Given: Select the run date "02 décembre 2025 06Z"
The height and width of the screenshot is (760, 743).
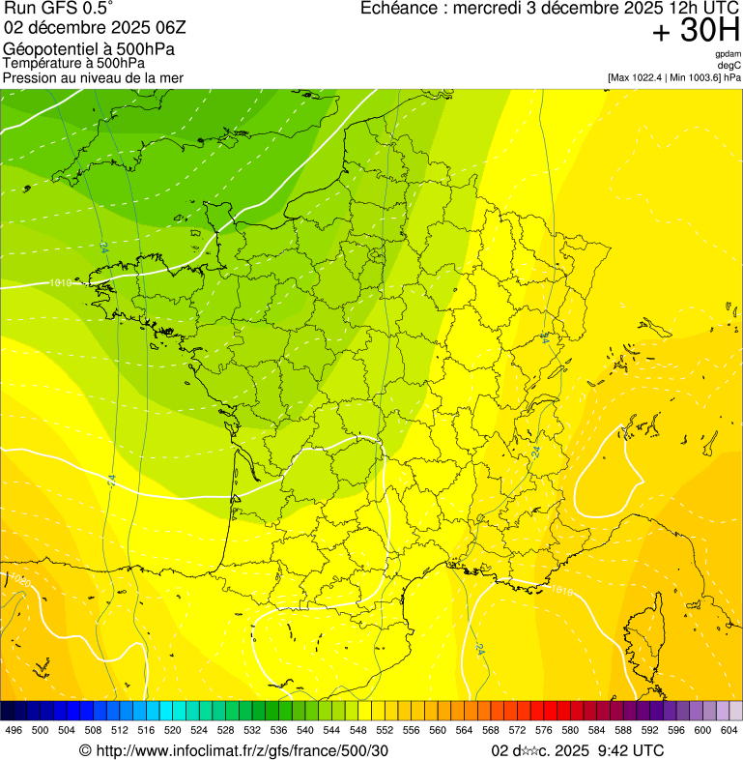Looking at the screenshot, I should point(88,27).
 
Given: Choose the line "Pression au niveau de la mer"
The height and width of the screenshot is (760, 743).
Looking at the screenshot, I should point(93,76).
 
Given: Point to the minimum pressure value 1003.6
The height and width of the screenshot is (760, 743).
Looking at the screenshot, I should point(700,76).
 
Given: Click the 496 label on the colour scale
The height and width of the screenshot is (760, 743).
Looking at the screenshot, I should point(14,730).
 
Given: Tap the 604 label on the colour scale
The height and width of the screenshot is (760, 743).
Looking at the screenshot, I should point(729,730).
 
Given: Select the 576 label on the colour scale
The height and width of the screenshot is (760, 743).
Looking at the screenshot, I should point(544,730).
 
